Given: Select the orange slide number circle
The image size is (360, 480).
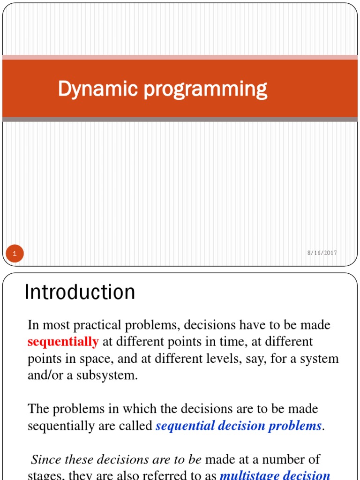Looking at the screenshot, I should pos(15,254).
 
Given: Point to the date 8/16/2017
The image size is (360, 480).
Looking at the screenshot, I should pos(322,253).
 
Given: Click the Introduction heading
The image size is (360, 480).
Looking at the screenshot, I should pos(80,292).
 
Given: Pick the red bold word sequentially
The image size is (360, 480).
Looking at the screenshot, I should pos(63,342).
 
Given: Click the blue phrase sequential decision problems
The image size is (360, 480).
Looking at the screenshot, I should pos(238,426).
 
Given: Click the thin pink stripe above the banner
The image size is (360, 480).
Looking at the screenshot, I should pos(180,57).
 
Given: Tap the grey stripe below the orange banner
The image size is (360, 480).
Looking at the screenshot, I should pos(180,120).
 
